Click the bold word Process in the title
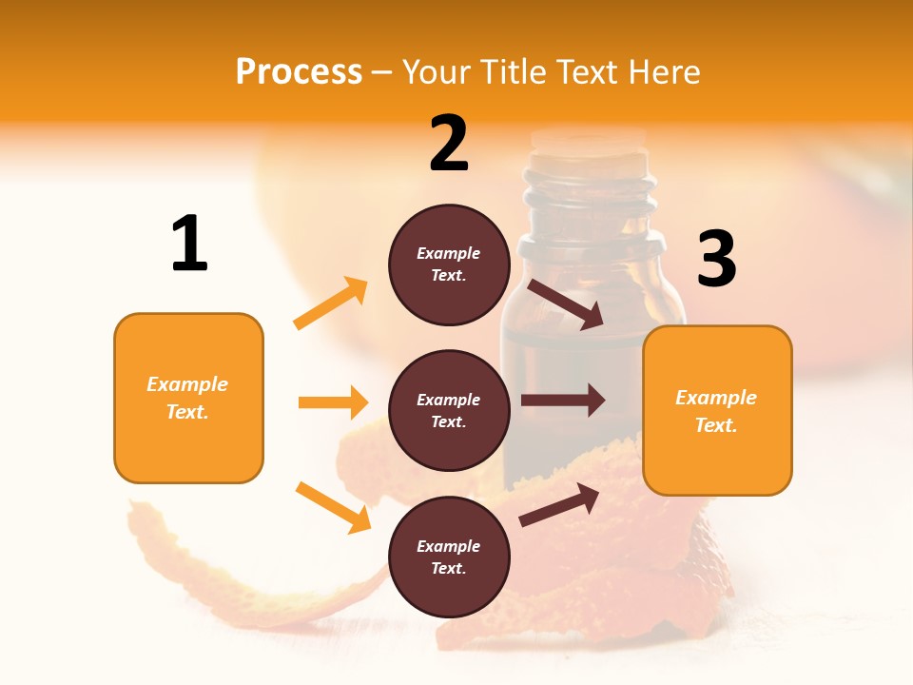click(x=299, y=71)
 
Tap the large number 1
click(x=189, y=244)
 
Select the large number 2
click(x=449, y=144)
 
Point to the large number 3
click(x=716, y=259)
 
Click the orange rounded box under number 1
click(x=188, y=398)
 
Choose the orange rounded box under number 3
click(x=717, y=410)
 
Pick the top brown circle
click(x=449, y=264)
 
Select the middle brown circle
click(x=449, y=410)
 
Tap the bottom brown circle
click(x=449, y=557)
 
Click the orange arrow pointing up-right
click(x=331, y=303)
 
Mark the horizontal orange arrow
click(x=333, y=402)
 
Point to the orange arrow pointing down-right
click(x=333, y=507)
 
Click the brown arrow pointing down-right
click(x=566, y=304)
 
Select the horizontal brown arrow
click(x=562, y=401)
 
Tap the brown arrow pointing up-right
click(x=559, y=504)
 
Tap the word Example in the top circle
click(x=449, y=253)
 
